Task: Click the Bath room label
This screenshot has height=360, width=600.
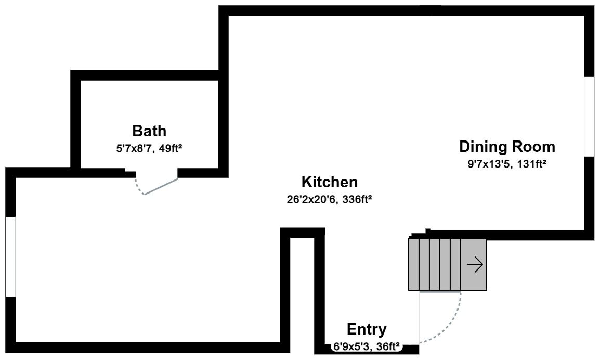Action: coord(149,131)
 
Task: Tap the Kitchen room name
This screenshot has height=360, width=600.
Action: coord(330,182)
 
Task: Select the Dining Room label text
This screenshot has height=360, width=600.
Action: coord(507,147)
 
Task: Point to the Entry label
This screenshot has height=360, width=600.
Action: coord(367,329)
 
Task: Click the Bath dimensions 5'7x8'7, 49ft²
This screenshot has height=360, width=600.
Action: coord(149,148)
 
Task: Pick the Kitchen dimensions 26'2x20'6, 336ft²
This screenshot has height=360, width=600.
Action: coord(330,199)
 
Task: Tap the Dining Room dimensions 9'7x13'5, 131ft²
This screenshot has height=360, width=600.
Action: coord(507,164)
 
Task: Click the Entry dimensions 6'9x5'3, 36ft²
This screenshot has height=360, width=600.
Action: coord(367,346)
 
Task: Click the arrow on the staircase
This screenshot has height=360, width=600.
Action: coord(475,265)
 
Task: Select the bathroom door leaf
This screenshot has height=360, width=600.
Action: coord(161,187)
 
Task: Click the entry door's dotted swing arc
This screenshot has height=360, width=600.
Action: coord(450,325)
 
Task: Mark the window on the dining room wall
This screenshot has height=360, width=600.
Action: coord(589,117)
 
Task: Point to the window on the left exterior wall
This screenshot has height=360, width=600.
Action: coord(10,257)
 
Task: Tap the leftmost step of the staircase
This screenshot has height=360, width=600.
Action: coord(414,265)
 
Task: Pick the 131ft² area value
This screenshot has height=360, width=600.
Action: coord(531,164)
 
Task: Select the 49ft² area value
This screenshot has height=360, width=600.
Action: coord(171,148)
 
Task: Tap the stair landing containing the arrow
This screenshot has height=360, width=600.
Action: coord(474,265)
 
